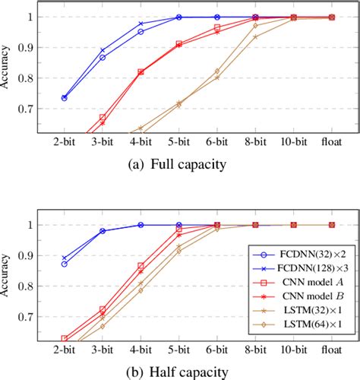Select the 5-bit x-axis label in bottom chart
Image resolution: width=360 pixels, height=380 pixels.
coord(178,351)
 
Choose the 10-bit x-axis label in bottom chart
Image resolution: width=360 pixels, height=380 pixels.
coord(293,351)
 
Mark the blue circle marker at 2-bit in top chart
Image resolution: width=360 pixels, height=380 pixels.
coord(64,98)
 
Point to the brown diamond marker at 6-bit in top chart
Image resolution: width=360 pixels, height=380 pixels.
coord(217,71)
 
